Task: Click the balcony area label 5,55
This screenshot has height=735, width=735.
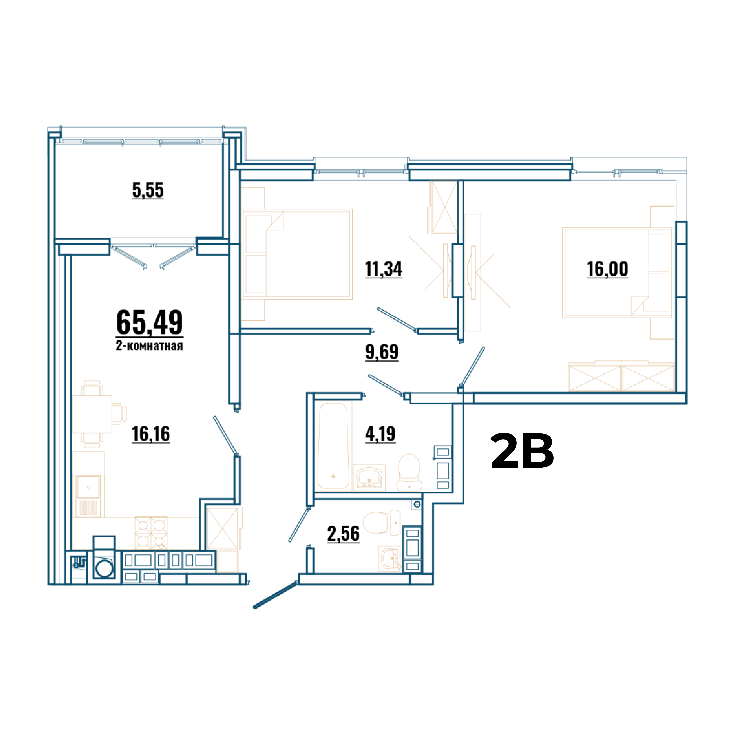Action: tap(148, 190)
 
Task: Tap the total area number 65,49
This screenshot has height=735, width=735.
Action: tap(149, 323)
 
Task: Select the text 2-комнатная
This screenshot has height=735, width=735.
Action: tap(149, 346)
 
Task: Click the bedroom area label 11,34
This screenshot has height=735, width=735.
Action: tap(384, 269)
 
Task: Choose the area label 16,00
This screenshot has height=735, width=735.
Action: tap(608, 269)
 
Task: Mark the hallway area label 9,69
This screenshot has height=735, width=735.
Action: tap(382, 352)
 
